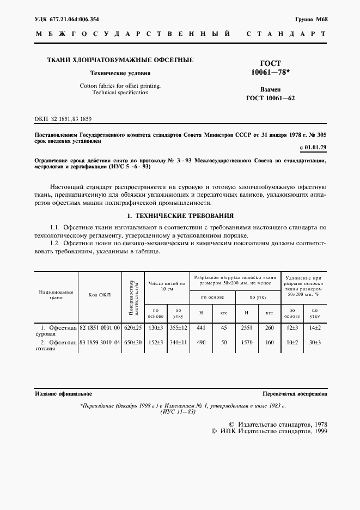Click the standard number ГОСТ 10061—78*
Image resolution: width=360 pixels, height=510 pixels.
click(270, 68)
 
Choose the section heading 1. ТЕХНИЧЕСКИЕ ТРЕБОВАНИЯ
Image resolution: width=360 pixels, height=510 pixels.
click(180, 215)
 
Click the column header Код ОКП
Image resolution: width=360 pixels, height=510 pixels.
click(99, 295)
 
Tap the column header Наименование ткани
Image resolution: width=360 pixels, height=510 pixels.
click(56, 295)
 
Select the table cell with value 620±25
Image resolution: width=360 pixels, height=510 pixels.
click(132, 327)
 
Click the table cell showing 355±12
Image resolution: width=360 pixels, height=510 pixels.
click(178, 327)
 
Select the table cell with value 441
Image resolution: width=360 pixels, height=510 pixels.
click(202, 327)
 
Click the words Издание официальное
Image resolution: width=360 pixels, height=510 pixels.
click(63, 393)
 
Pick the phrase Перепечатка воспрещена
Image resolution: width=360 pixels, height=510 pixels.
click(294, 393)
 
